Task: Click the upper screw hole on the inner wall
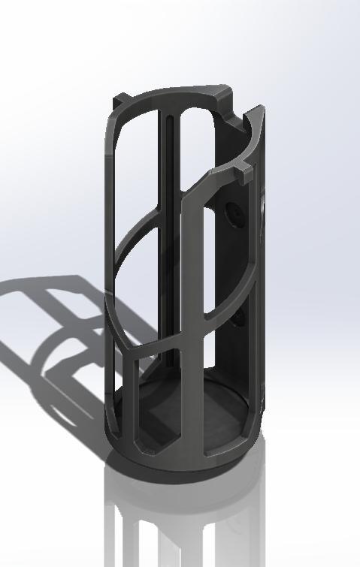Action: (233, 213)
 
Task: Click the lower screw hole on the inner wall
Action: (238, 318)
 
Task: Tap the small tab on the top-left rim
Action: (121, 100)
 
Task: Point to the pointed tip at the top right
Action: (259, 109)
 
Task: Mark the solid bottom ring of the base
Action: (180, 466)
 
